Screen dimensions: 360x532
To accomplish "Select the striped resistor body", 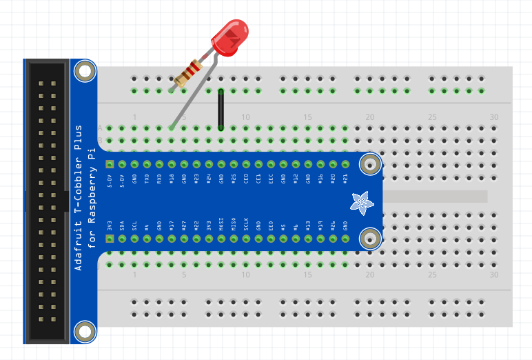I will [x=187, y=74].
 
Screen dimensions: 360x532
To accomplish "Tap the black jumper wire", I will [x=221, y=109].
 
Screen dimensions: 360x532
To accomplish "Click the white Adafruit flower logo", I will [x=360, y=201].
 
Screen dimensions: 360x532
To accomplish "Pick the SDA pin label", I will [x=122, y=226].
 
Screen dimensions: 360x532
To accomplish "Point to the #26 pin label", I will [x=333, y=226].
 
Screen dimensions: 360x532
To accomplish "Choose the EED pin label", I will [x=271, y=226].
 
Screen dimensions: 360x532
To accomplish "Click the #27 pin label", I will [x=184, y=226].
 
